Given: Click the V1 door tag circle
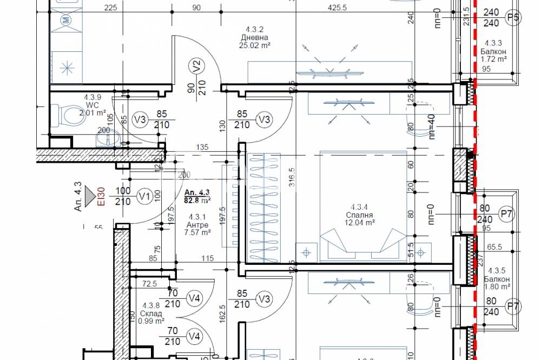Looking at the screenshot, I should click(144, 196).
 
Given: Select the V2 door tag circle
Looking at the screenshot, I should click(197, 67).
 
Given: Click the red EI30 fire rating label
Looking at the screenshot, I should click(101, 196).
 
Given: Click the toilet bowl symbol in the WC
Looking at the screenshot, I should click(68, 114).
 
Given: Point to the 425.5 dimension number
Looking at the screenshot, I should click(337, 8).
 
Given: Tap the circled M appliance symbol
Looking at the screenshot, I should click(65, 21).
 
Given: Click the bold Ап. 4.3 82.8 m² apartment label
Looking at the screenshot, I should click(197, 196).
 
